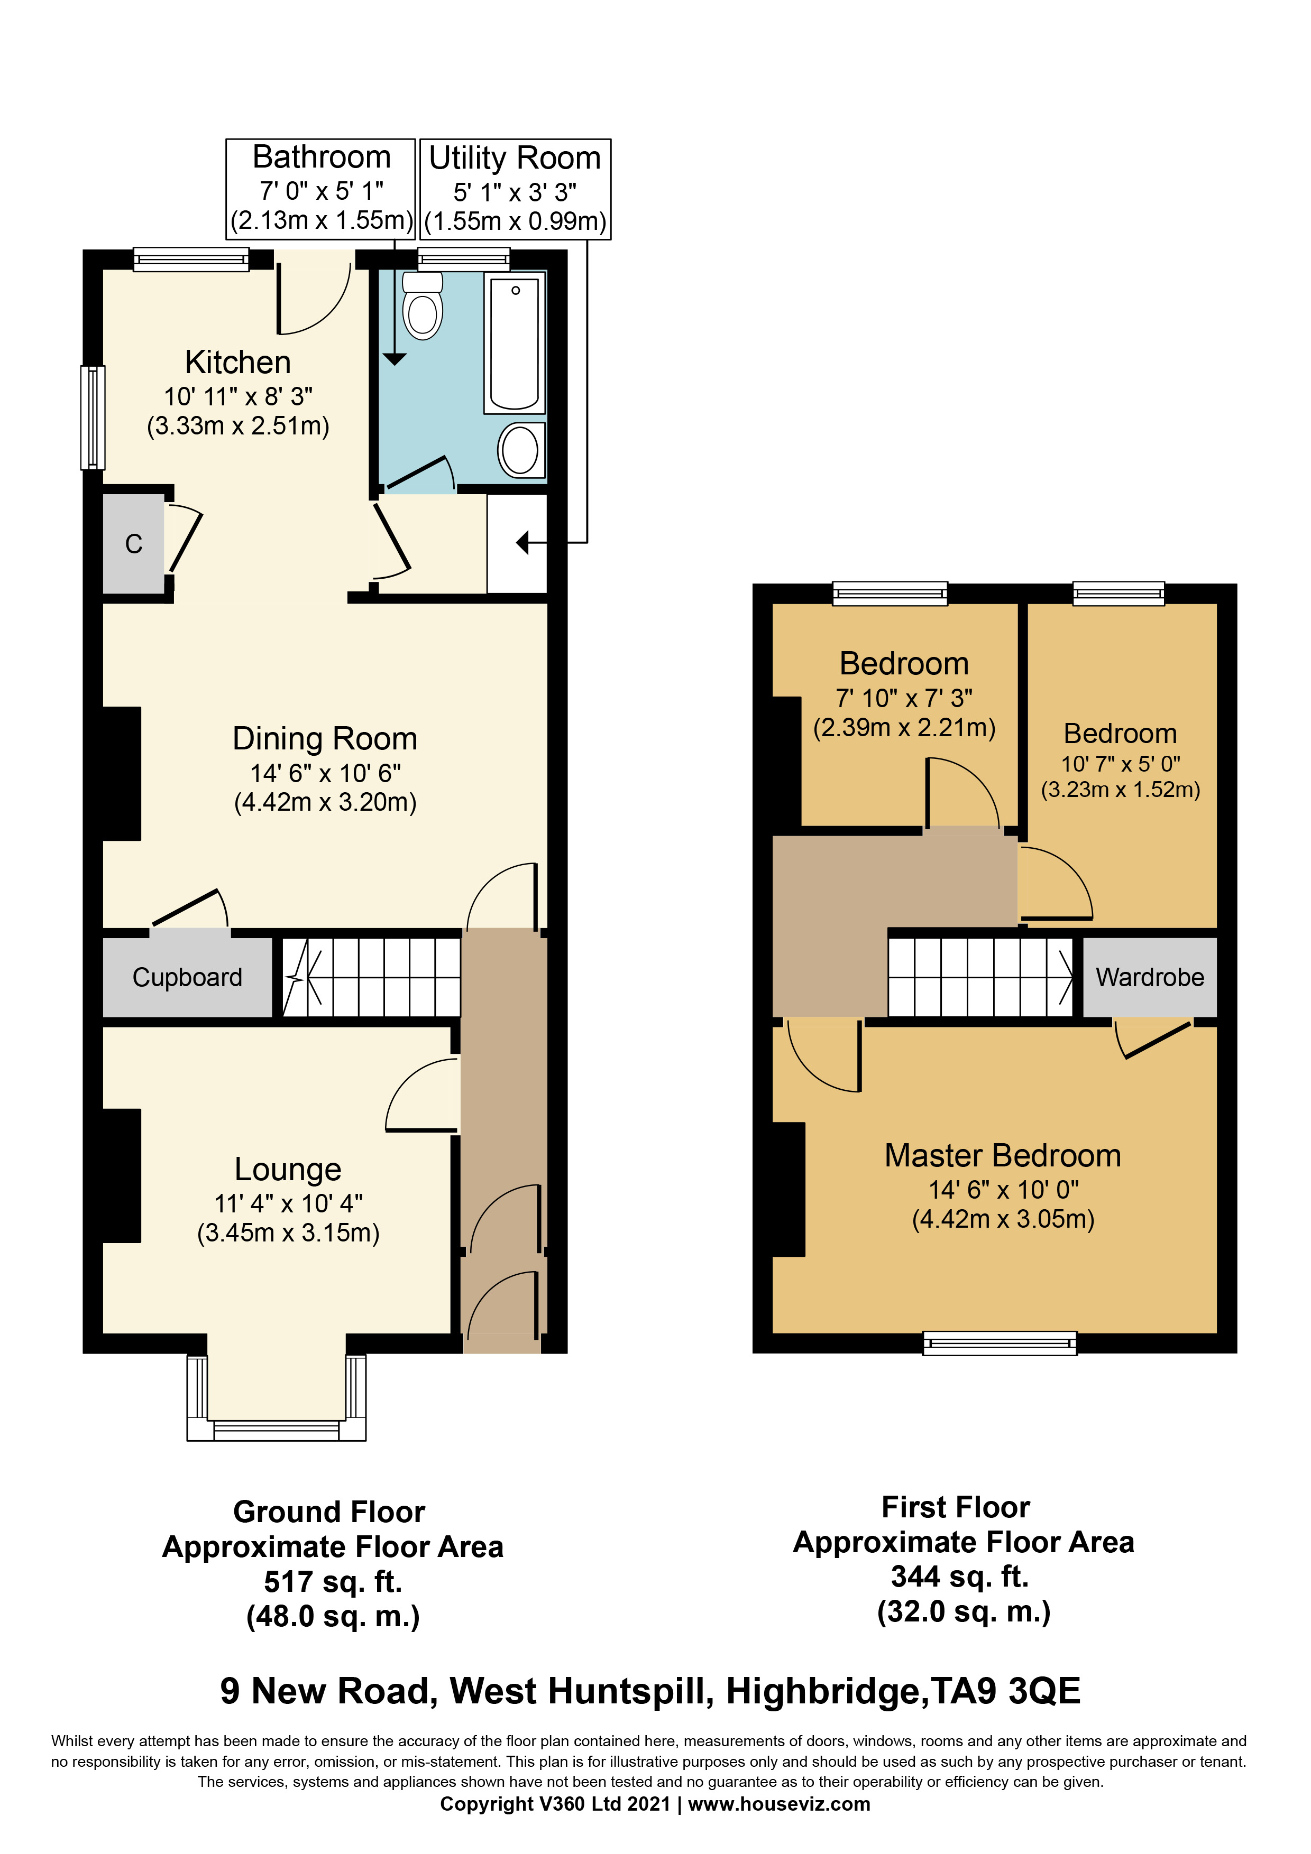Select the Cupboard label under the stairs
point(187,977)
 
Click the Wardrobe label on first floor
point(1150,977)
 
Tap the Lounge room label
point(288,1169)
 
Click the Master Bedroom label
point(1003,1155)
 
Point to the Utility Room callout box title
point(515,158)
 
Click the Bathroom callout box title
point(322,156)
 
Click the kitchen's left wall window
point(93,418)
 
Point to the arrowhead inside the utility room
point(522,543)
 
